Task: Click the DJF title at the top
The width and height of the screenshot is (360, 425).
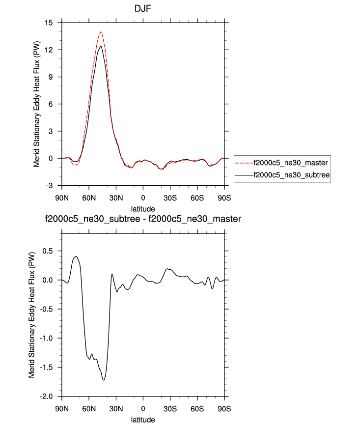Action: tap(143, 9)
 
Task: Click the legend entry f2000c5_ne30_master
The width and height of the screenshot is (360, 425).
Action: tap(289, 162)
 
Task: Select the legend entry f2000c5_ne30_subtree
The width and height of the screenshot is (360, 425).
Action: tap(290, 174)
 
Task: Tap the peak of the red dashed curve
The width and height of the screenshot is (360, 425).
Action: tap(101, 32)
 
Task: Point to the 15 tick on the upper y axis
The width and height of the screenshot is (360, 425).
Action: tap(48, 23)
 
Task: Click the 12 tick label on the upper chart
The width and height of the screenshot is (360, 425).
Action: tap(48, 50)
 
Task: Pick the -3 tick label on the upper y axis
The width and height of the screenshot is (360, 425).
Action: tap(49, 185)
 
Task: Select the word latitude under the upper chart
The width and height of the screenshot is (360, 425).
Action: tap(143, 208)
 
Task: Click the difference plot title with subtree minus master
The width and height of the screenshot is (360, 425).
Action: tap(143, 218)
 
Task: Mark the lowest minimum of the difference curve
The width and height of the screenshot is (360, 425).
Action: tap(104, 380)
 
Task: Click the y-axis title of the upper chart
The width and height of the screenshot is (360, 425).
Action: tap(36, 104)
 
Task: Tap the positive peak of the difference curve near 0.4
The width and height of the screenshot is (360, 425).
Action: tap(76, 256)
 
